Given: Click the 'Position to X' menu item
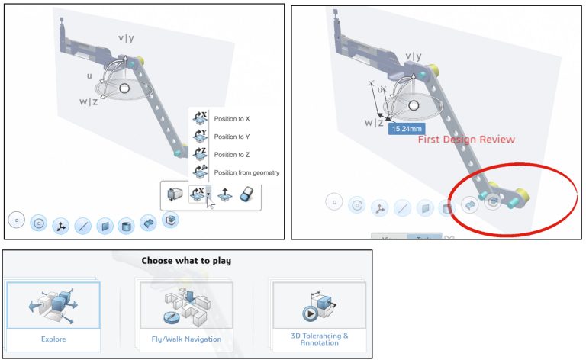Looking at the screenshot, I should (x=233, y=119).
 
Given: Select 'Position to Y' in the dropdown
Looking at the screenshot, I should (x=233, y=137).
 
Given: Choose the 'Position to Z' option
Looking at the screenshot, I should (x=233, y=154).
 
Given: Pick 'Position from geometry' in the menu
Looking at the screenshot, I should (x=246, y=172).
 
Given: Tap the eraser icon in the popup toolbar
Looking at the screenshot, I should (x=246, y=195).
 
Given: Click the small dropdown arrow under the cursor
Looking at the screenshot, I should (x=209, y=196).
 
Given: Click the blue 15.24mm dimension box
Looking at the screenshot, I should (x=405, y=129).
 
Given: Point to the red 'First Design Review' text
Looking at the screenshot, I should (x=466, y=140).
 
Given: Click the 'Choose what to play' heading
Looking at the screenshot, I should (x=186, y=261).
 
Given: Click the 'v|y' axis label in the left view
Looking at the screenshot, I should (x=125, y=38).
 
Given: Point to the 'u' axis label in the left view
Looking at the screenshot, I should (x=89, y=76).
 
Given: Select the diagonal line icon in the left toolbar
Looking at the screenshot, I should (x=83, y=226).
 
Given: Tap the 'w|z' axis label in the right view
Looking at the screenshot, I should (x=374, y=122).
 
